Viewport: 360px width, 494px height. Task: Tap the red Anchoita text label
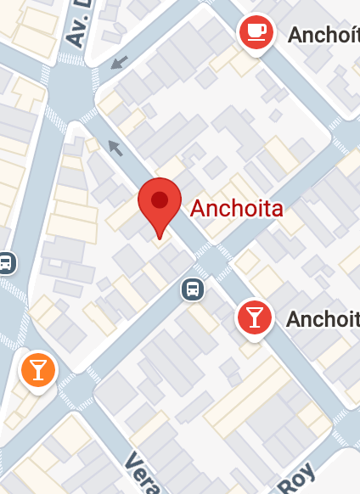(236, 208)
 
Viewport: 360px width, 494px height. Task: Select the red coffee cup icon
(256, 33)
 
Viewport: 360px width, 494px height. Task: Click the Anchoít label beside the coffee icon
(323, 35)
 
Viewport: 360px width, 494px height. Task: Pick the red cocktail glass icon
(254, 317)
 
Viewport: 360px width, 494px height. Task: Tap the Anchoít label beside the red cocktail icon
(323, 319)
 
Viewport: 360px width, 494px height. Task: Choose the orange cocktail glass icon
(37, 370)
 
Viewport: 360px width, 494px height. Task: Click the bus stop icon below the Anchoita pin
(194, 289)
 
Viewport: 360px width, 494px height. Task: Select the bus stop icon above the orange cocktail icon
(6, 262)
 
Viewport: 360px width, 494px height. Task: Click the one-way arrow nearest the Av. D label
(120, 61)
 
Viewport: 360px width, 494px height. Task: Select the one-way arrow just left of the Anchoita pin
(115, 149)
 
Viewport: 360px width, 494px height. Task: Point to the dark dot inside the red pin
(159, 200)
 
